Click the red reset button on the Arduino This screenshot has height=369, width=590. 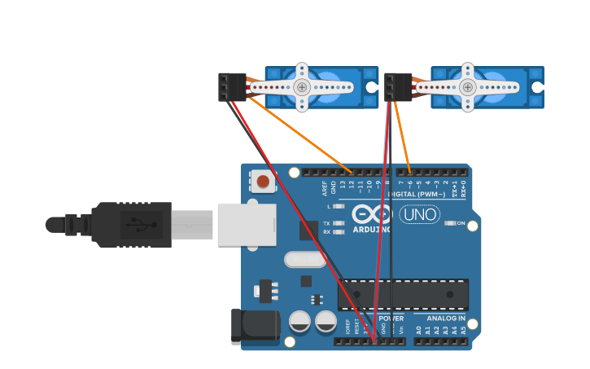pyautogui.click(x=263, y=181)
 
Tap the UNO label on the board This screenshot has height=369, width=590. pyautogui.click(x=420, y=214)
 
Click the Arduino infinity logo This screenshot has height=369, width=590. pyautogui.click(x=372, y=214)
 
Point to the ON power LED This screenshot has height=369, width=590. pyautogui.click(x=450, y=223)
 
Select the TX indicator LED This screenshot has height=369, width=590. pyautogui.click(x=339, y=223)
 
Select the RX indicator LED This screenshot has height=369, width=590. pyautogui.click(x=339, y=232)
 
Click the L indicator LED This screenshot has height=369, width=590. pyautogui.click(x=339, y=206)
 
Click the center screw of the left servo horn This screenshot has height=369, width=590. pyautogui.click(x=302, y=87)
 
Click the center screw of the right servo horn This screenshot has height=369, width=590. pyautogui.click(x=467, y=87)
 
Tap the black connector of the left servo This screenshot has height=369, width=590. pyautogui.click(x=231, y=87)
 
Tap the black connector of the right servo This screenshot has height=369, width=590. pyautogui.click(x=398, y=87)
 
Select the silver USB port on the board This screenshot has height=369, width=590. pyautogui.click(x=247, y=225)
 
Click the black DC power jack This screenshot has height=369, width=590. pyautogui.click(x=255, y=326)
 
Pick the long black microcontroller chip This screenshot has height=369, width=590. pyautogui.click(x=403, y=294)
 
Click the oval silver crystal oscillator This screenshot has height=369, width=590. pyautogui.click(x=304, y=259)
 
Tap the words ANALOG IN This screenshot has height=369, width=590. pyautogui.click(x=445, y=318)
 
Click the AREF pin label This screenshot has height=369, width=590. pyautogui.click(x=325, y=188)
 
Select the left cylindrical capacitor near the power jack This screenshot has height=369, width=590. pyautogui.click(x=299, y=321)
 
